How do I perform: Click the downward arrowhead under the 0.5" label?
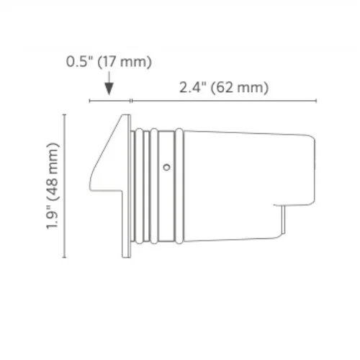[109, 89]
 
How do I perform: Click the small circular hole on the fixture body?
[166, 167]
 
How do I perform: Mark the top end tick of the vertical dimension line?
[66, 114]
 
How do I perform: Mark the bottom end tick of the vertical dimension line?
[66, 257]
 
